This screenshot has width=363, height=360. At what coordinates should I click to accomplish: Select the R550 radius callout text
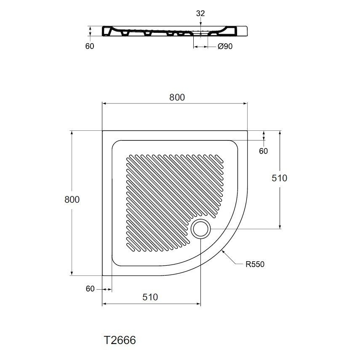pyautogui.click(x=256, y=265)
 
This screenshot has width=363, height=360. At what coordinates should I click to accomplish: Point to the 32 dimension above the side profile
pyautogui.click(x=200, y=13)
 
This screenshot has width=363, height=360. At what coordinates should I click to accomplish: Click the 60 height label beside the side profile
pyautogui.click(x=90, y=46)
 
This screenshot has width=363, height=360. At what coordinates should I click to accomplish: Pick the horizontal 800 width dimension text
pyautogui.click(x=177, y=97)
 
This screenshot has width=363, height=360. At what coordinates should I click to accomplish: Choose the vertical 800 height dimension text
pyautogui.click(x=72, y=200)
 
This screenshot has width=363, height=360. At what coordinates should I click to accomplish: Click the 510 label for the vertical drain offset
pyautogui.click(x=278, y=178)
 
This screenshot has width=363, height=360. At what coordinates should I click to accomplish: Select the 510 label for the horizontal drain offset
pyautogui.click(x=150, y=297)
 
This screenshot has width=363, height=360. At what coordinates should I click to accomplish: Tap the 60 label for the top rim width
pyautogui.click(x=263, y=151)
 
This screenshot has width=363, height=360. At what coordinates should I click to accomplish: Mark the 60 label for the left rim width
pyautogui.click(x=90, y=289)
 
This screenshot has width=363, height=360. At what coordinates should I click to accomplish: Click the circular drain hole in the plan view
pyautogui.click(x=201, y=229)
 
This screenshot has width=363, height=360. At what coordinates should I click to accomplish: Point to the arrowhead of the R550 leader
pyautogui.click(x=222, y=250)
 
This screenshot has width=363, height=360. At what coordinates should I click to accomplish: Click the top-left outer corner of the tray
pyautogui.click(x=102, y=131)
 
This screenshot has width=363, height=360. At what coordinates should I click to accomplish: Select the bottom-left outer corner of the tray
pyautogui.click(x=102, y=275)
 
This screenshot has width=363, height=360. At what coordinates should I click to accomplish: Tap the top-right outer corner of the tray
pyautogui.click(x=247, y=131)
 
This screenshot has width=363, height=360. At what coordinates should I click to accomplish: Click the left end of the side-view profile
pyautogui.click(x=102, y=31)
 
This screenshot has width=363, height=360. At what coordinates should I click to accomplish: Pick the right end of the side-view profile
pyautogui.click(x=247, y=31)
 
